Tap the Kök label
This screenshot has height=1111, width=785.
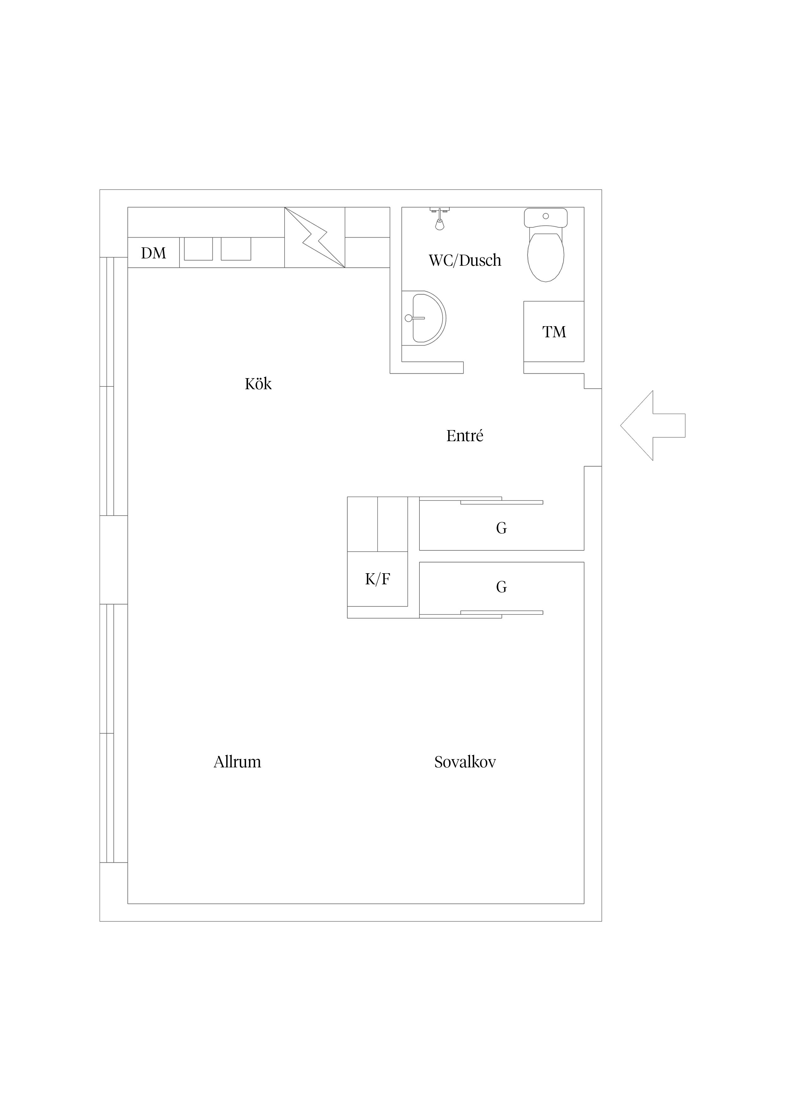click(258, 384)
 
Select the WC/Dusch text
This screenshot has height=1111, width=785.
click(465, 260)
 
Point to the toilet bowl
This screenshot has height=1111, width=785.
click(546, 257)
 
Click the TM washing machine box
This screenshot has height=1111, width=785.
click(554, 332)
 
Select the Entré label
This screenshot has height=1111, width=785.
click(465, 436)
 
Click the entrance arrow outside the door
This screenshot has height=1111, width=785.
click(652, 425)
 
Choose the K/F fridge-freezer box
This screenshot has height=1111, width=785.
click(378, 579)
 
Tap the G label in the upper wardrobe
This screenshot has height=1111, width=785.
click(502, 528)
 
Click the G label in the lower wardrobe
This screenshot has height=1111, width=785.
click(502, 587)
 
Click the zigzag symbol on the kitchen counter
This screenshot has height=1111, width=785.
click(314, 238)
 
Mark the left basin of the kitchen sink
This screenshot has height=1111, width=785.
click(198, 249)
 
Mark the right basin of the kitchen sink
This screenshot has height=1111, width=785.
click(236, 249)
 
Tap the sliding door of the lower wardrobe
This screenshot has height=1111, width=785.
click(502, 613)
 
